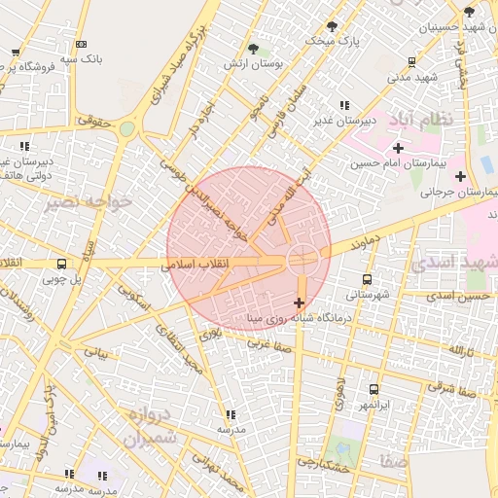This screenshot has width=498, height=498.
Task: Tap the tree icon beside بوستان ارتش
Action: [253, 48]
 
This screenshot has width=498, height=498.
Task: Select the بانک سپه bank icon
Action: [81, 44]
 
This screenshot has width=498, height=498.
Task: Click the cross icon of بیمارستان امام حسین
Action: [398, 148]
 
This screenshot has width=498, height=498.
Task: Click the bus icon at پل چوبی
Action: [62, 264]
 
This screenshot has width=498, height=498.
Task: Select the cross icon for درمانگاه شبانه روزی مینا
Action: [299, 302]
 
